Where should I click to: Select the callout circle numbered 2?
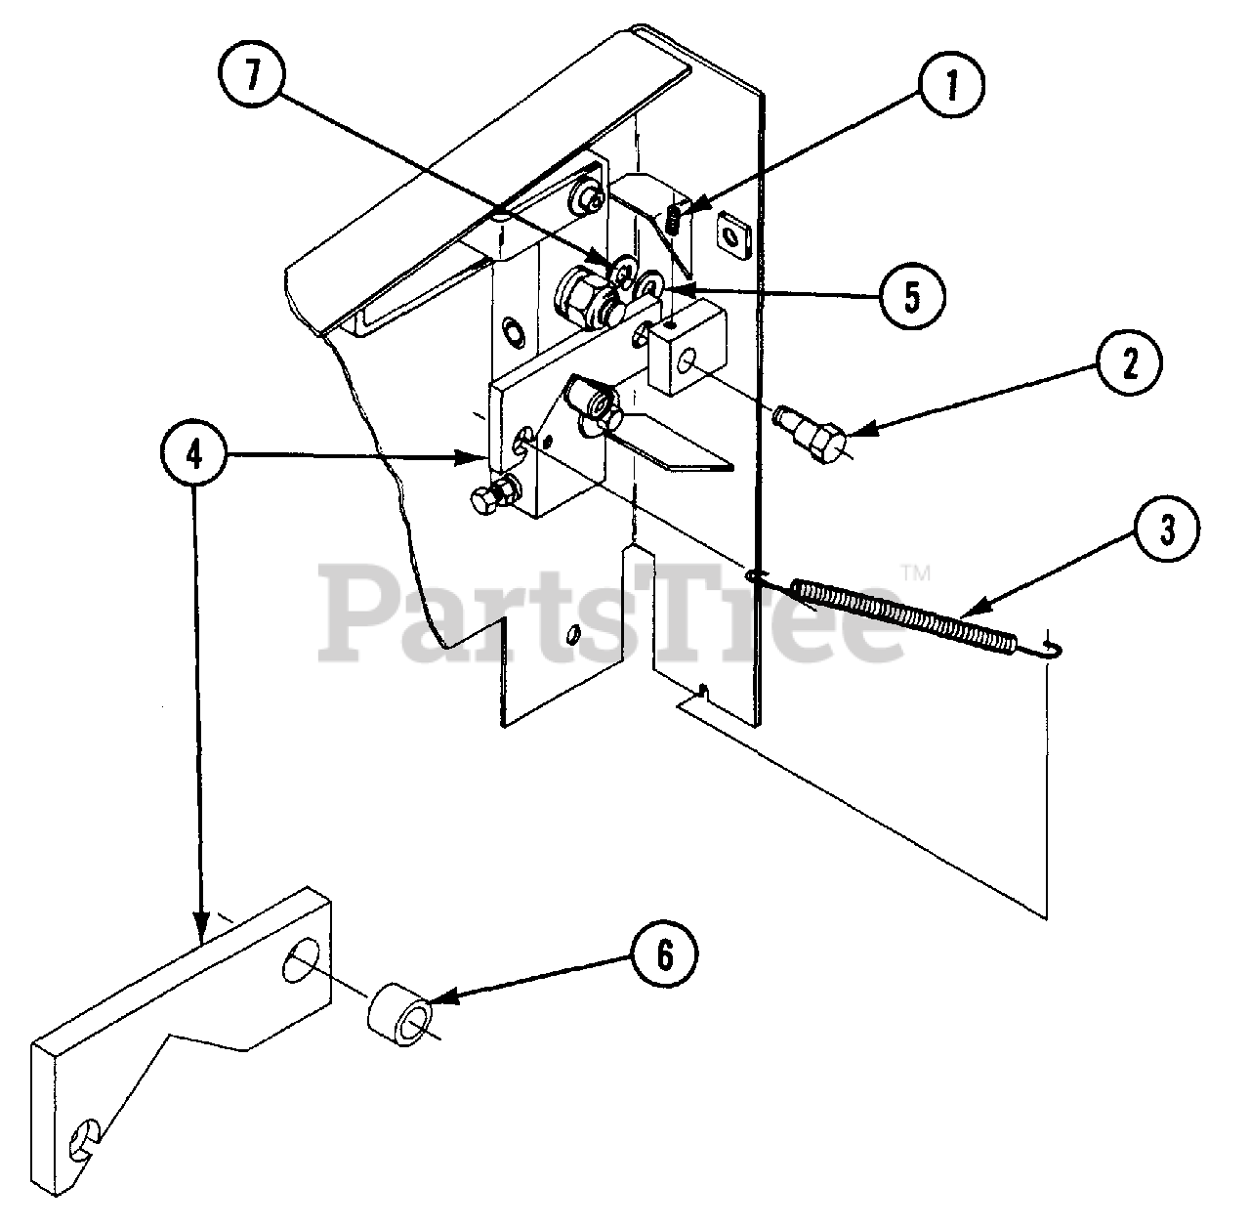coord(1129,365)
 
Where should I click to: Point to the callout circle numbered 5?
coord(910,296)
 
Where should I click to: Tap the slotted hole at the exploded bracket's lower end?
coord(84,1139)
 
